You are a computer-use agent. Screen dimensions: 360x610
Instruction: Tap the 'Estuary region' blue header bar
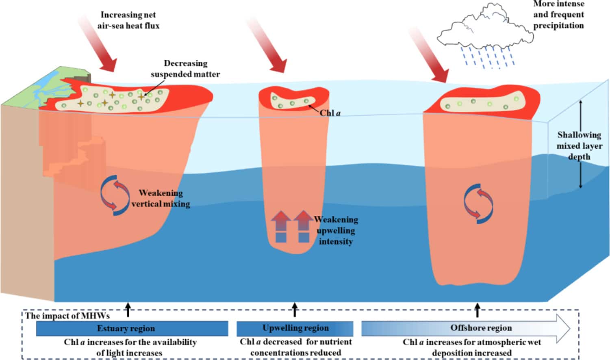coord(132,328)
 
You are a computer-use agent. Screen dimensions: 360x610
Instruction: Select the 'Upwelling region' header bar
coord(295,328)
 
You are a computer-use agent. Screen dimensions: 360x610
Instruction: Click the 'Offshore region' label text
coord(481,327)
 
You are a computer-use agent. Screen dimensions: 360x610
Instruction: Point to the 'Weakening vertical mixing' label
coord(161,198)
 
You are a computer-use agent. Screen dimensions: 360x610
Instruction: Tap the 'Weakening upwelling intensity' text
coord(336,230)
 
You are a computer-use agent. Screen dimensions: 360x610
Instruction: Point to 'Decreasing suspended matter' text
coord(185,69)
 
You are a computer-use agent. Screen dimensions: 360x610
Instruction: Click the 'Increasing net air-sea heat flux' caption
coord(128,20)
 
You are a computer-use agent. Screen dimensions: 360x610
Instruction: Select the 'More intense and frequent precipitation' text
coord(558,15)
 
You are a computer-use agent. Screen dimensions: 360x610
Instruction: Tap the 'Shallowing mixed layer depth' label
coord(579,145)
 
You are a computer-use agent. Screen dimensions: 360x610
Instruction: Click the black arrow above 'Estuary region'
coord(128,310)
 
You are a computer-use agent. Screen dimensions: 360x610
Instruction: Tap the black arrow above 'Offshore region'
coord(478,310)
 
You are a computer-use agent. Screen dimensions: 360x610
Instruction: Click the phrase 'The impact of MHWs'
coord(67,315)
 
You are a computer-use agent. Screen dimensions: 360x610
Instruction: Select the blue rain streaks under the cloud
coord(488,56)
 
